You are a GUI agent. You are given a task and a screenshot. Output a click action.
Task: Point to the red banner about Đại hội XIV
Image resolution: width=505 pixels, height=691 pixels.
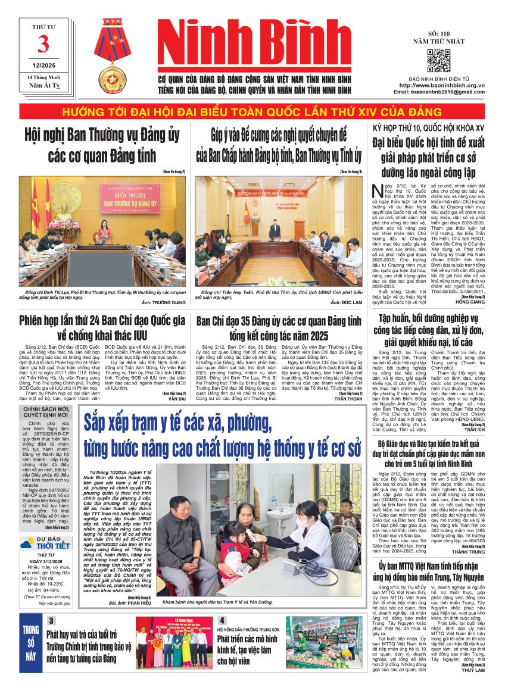[253, 112]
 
